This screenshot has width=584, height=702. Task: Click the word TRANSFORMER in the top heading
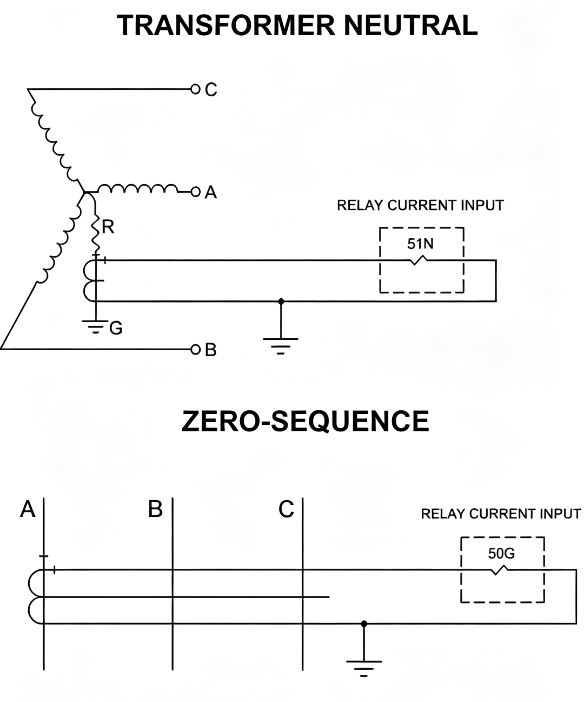coord(225,25)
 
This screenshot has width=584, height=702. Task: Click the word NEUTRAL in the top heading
coord(410,25)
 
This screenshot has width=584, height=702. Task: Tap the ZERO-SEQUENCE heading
coord(305,421)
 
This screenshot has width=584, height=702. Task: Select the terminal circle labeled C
coord(195,89)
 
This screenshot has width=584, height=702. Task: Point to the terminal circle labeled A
coord(195,192)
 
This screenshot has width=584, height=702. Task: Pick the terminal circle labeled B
coord(195,350)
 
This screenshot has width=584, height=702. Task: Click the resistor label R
coord(108,227)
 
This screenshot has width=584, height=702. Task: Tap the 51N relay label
coord(420,244)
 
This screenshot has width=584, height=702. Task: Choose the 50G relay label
coord(501,553)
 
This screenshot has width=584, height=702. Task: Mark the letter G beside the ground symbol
coord(116,328)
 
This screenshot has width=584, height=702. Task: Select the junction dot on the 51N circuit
coord(281,301)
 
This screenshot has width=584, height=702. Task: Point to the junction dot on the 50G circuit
coord(364,624)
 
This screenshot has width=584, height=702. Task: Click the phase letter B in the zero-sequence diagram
coord(155,509)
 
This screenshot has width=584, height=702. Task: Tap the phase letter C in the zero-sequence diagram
coord(286,509)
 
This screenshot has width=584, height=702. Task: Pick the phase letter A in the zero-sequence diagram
coord(28,509)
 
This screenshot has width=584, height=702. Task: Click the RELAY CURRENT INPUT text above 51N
coord(420,206)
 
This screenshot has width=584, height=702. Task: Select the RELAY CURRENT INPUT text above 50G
coord(501,514)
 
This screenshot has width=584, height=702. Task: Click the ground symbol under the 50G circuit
coord(364,669)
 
